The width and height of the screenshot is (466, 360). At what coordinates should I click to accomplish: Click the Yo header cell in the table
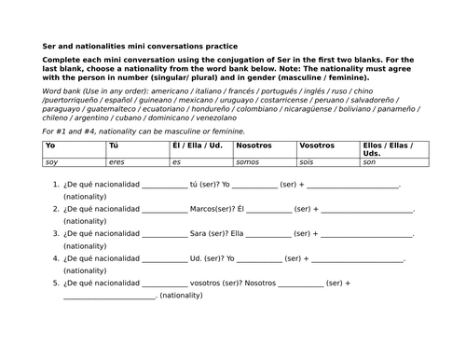(50, 146)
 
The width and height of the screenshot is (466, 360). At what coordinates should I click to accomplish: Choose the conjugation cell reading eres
(116, 162)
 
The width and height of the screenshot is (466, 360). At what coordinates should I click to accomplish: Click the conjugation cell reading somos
(248, 162)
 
